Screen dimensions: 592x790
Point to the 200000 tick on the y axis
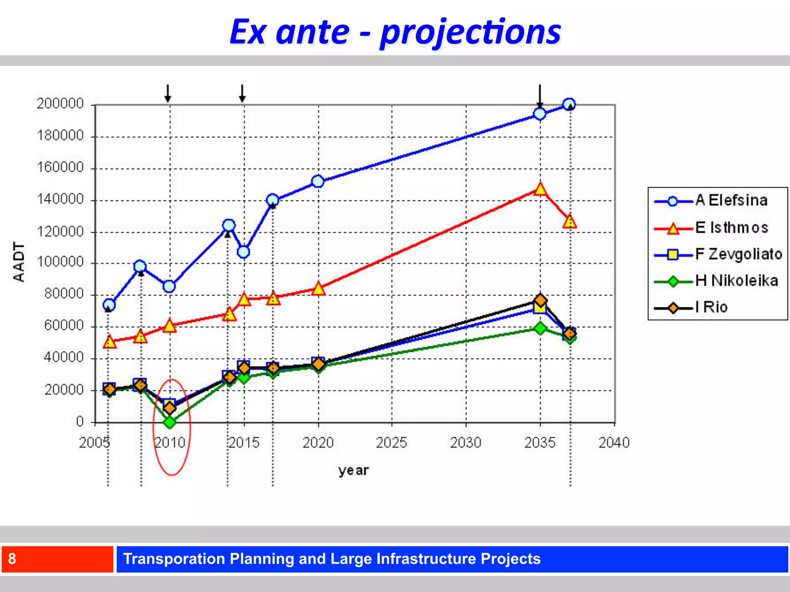click(x=60, y=104)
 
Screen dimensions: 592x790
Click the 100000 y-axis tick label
click(x=60, y=262)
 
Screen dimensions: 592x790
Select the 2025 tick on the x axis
click(x=391, y=442)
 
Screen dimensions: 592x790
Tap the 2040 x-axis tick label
click(x=614, y=442)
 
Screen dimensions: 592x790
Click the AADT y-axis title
click(x=19, y=262)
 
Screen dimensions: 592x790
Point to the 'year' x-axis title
click(x=353, y=471)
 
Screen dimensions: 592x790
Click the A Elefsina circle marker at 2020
click(x=317, y=182)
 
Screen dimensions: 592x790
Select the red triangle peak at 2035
click(x=540, y=189)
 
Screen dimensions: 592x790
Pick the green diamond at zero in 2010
click(x=170, y=422)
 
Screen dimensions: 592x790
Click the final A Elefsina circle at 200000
click(x=569, y=104)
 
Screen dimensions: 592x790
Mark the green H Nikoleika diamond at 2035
click(x=540, y=328)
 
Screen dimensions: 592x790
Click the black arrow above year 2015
click(x=242, y=93)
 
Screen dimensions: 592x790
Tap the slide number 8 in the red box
click(x=12, y=558)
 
